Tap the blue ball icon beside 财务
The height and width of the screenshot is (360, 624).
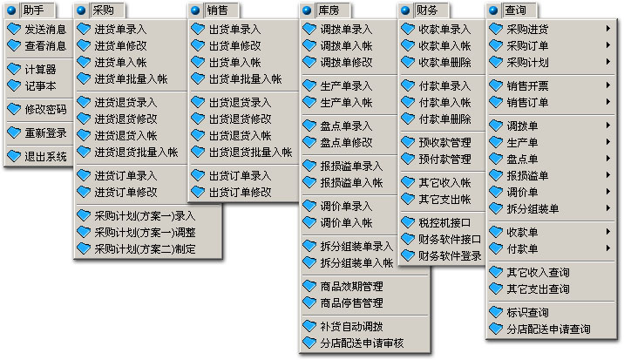click(x=405, y=10)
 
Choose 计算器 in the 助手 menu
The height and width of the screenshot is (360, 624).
click(x=40, y=70)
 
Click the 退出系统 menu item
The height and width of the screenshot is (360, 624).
click(x=45, y=157)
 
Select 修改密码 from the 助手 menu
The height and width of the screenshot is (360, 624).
click(x=45, y=110)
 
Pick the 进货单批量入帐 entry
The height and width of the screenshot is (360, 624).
click(x=131, y=78)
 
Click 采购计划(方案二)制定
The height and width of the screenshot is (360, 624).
click(x=145, y=249)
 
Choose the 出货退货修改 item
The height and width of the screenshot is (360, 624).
click(x=240, y=119)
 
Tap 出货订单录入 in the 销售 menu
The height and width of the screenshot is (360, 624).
click(x=240, y=175)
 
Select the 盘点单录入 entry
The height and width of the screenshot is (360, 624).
click(x=346, y=126)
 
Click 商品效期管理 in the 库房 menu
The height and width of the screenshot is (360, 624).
click(x=351, y=286)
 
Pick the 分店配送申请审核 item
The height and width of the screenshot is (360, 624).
click(x=362, y=343)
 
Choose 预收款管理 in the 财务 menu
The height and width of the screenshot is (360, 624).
click(x=444, y=143)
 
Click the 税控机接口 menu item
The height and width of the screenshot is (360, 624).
click(x=444, y=223)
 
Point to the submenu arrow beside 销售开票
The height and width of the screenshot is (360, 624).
click(x=608, y=85)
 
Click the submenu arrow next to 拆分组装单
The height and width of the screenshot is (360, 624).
click(x=608, y=207)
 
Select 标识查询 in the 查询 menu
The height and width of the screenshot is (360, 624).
click(x=527, y=313)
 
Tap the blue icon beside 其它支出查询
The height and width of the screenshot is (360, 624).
click(x=496, y=289)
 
